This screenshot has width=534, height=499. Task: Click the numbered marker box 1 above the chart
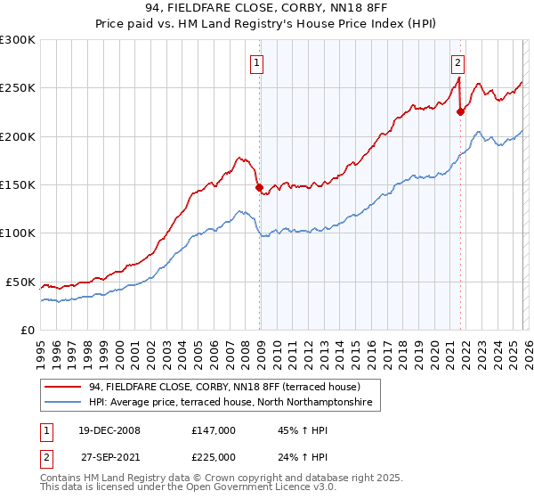coord(256,62)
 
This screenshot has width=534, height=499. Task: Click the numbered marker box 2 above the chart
coord(457,62)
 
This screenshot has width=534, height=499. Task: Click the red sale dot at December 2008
coord(259,188)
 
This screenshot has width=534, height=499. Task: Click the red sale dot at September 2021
coord(460,112)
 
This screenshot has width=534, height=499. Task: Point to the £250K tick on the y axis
coord(18,88)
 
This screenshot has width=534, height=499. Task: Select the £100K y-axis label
coord(18,233)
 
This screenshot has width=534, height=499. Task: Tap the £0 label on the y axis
coord(27,330)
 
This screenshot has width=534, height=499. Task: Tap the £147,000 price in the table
coord(213,430)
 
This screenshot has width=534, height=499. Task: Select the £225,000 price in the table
coord(213,456)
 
